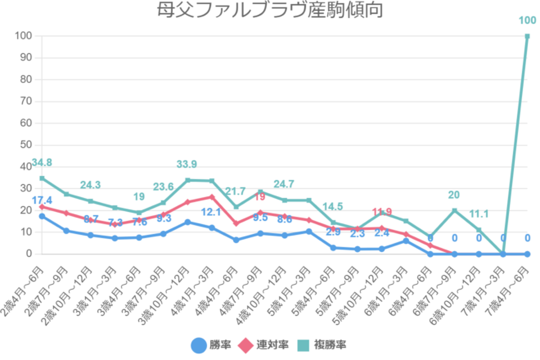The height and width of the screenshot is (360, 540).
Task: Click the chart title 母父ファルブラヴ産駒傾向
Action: [x=269, y=11]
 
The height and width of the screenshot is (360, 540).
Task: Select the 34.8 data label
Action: [x=42, y=164]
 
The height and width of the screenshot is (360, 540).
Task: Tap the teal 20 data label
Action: [x=455, y=196]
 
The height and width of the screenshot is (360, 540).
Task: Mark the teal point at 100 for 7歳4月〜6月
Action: [x=527, y=36]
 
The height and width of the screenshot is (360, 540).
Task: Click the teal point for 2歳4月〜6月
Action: [x=42, y=178]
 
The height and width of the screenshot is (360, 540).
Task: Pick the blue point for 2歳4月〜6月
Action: [x=42, y=216]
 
